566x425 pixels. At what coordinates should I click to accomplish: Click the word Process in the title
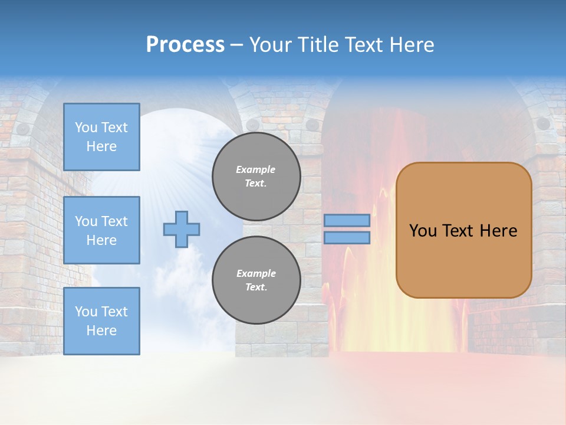185,45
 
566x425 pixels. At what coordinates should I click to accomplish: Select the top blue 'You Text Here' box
101,137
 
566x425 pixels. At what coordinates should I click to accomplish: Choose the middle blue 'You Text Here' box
101,230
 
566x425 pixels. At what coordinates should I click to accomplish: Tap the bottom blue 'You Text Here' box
101,321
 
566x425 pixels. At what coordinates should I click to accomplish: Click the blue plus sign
182,229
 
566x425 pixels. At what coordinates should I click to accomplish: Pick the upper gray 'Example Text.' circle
256,176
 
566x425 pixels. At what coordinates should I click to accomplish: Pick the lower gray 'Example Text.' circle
256,280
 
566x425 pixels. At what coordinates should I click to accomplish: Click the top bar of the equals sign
347,221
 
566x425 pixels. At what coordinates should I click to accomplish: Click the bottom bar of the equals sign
347,237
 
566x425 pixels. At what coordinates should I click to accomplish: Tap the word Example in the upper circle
256,169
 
